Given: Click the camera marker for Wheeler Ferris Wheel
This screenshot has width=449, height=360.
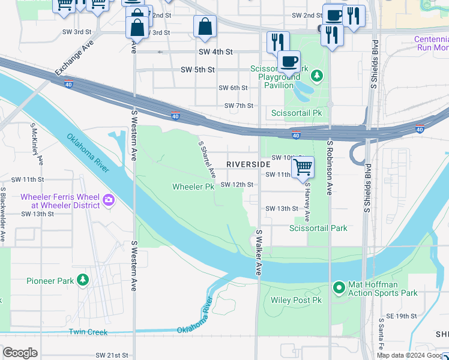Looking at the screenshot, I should (109, 200).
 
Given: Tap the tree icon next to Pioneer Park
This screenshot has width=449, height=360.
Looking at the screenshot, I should (83, 280).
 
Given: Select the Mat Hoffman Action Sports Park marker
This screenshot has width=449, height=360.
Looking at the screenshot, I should (339, 289).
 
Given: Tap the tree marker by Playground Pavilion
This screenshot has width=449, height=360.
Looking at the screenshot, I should (316, 76).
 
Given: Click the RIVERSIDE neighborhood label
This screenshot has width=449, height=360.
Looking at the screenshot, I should (249, 164).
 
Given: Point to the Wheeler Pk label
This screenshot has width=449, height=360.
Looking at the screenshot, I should (193, 187).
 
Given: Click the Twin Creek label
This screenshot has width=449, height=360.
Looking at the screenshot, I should (88, 332).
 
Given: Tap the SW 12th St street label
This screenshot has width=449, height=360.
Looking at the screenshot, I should (237, 184).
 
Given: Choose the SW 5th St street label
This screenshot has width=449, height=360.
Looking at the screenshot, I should (197, 70).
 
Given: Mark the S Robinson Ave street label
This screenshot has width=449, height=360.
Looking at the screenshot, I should (330, 168).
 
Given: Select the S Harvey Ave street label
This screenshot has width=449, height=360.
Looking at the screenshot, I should (307, 202).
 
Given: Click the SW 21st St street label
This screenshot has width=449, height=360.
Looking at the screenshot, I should (112, 355).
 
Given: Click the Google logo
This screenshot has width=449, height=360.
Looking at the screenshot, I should (20, 353).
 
